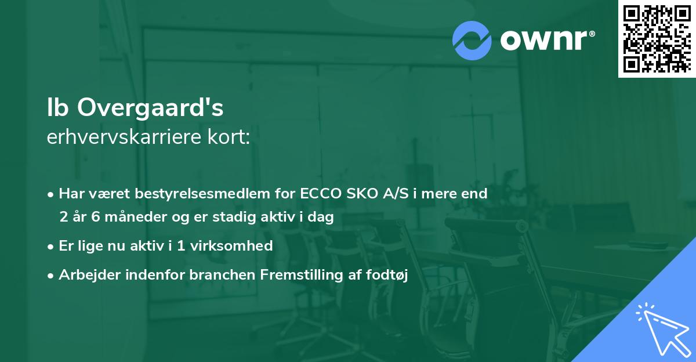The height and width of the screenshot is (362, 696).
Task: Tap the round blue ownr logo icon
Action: pos(472,40)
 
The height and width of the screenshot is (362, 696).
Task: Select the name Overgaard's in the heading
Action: pos(150,107)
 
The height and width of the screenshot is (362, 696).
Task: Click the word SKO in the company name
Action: pos(361,194)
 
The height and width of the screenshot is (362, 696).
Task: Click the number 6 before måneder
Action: pos(97,217)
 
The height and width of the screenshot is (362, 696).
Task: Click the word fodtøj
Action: pos(389,275)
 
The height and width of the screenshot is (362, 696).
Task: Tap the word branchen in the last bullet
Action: pos(217,275)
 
